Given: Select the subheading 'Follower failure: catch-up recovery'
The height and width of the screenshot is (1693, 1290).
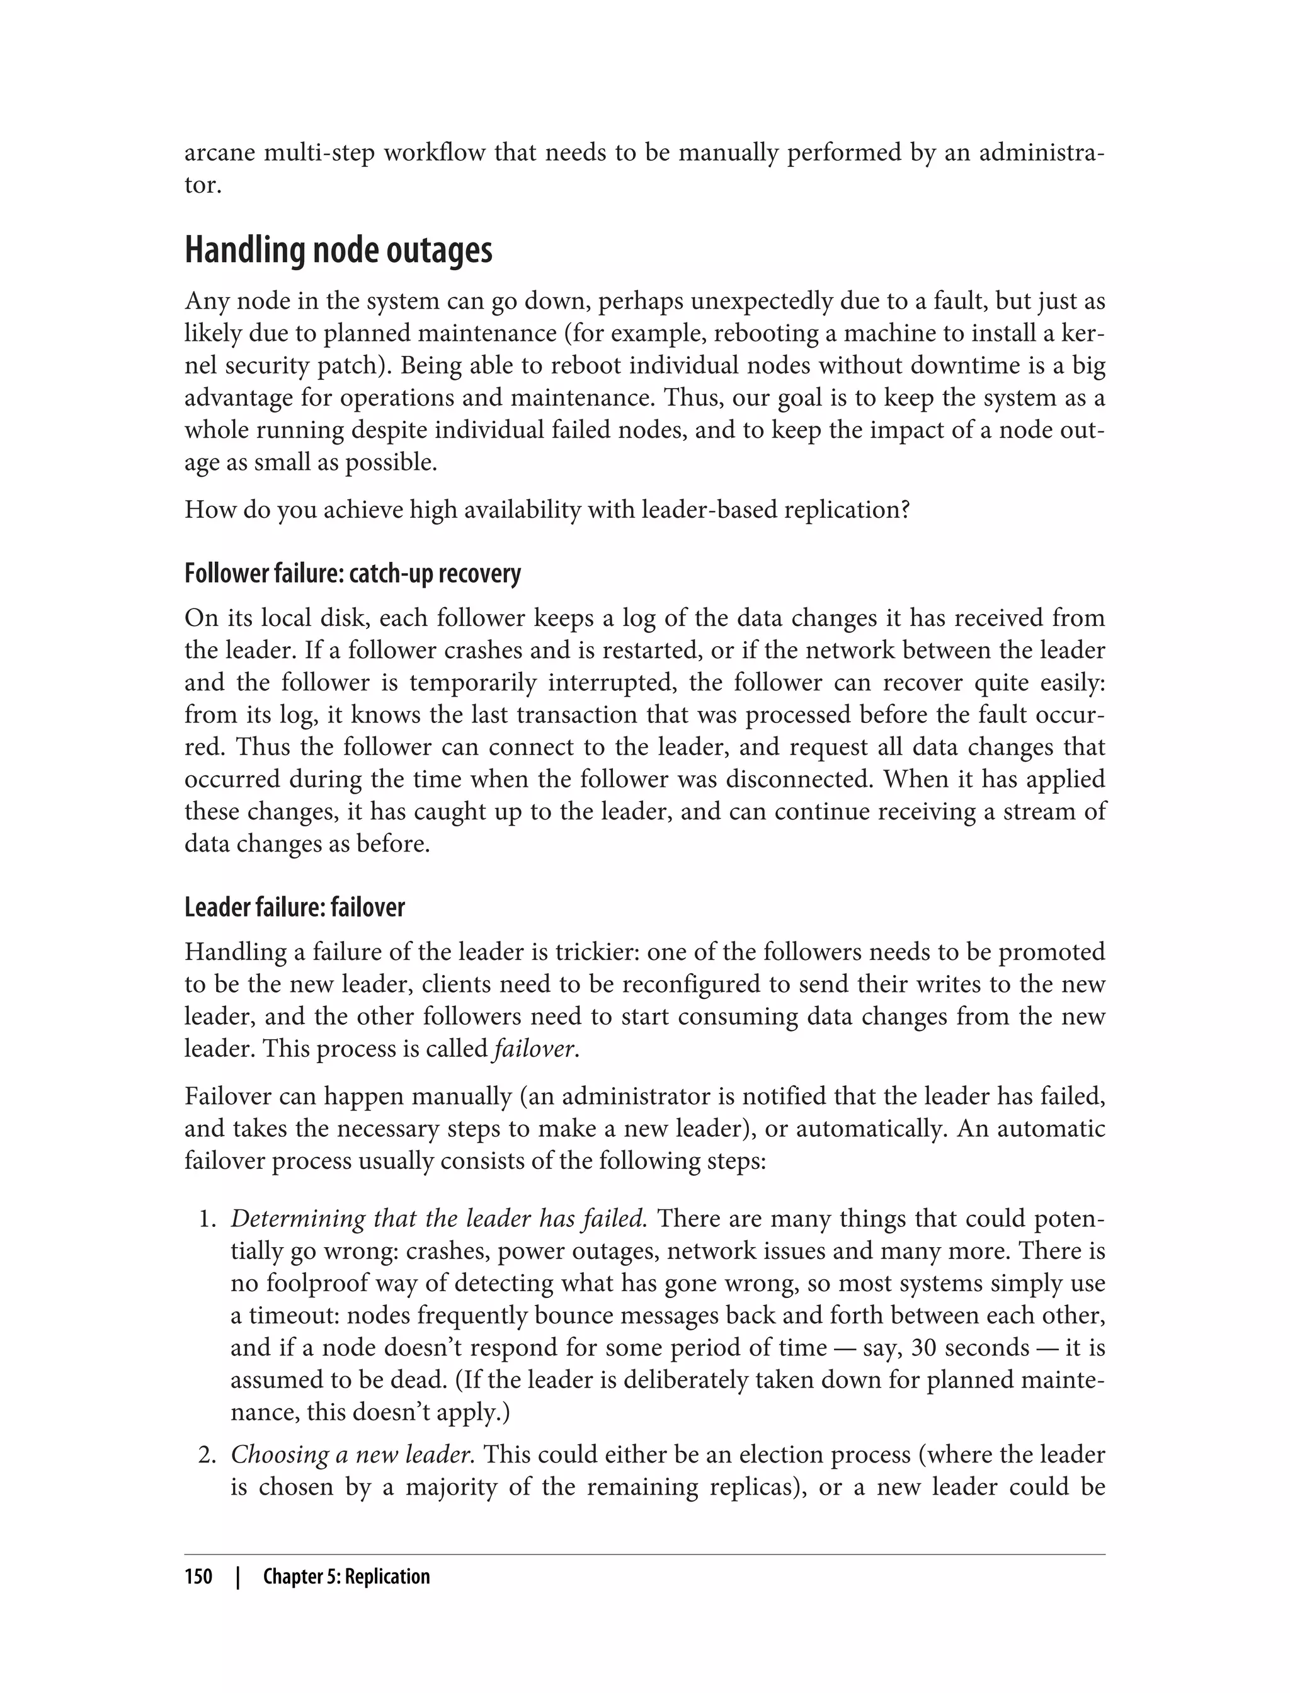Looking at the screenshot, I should (x=353, y=574).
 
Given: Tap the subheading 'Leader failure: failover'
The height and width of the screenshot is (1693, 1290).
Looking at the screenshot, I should (x=294, y=908).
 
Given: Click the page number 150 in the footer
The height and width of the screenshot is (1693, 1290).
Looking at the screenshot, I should (x=198, y=1576).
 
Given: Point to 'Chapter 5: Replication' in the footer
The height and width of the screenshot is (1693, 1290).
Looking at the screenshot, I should (x=346, y=1576).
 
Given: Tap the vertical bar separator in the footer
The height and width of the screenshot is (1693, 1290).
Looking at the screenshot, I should (x=238, y=1576).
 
